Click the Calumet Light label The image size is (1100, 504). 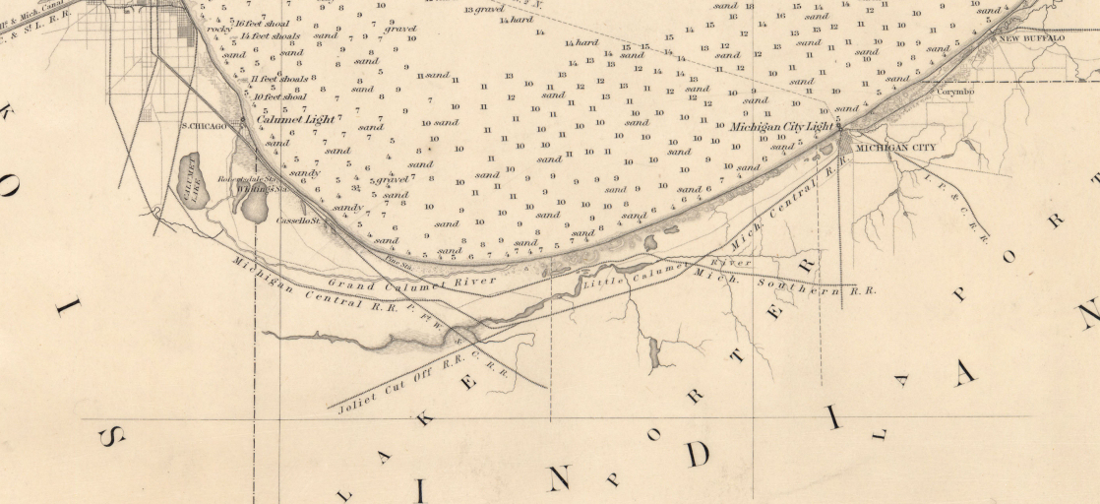click(x=296, y=119)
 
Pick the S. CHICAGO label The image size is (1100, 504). click(x=204, y=126)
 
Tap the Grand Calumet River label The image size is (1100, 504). click(x=412, y=282)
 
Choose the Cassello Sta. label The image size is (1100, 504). click(x=299, y=220)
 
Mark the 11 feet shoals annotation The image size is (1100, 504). click(x=280, y=79)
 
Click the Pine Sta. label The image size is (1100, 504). click(x=397, y=262)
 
